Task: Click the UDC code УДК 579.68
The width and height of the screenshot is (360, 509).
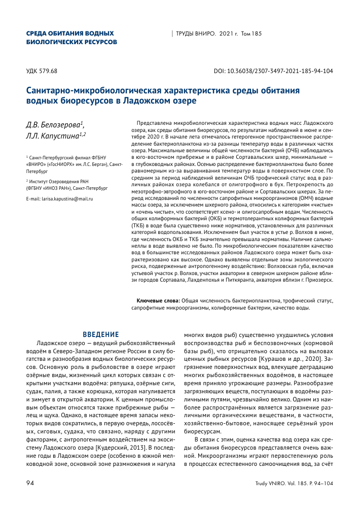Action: click(x=42, y=71)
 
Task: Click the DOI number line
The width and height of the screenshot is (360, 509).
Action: click(x=274, y=71)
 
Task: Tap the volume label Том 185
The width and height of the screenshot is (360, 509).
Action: click(x=251, y=33)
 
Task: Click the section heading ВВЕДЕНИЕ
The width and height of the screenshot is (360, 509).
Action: click(x=100, y=334)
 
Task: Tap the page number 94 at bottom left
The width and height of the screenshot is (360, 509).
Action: click(x=30, y=483)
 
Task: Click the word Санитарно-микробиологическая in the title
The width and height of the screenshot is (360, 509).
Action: click(x=95, y=91)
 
